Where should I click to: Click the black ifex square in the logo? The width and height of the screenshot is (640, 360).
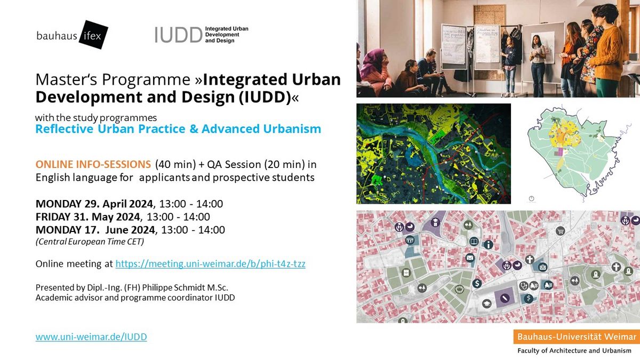tap(93, 35)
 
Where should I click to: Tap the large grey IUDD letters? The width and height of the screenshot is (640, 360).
tap(179, 35)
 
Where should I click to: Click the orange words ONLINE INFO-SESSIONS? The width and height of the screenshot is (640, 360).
tap(93, 165)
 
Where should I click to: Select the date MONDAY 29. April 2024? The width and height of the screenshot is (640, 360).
tap(94, 204)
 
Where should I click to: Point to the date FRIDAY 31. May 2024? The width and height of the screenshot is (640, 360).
tap(87, 217)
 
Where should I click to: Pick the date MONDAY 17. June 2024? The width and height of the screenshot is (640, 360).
tap(95, 230)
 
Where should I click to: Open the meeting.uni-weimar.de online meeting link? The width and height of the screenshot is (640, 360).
tap(210, 263)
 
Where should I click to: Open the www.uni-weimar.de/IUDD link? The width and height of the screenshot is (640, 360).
tap(91, 337)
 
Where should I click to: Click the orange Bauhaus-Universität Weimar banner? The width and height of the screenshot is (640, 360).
tap(577, 337)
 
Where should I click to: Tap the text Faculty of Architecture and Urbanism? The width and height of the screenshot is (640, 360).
tap(574, 350)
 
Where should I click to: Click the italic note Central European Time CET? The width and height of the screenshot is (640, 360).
tap(90, 242)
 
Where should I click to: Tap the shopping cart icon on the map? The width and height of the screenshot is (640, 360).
tap(561, 230)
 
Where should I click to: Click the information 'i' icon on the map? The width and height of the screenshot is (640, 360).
tap(489, 245)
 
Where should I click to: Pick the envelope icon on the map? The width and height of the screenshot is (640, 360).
tap(470, 258)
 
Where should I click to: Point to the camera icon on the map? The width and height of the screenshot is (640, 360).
tap(543, 267)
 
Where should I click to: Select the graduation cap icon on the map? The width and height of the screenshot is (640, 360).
tap(487, 303)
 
